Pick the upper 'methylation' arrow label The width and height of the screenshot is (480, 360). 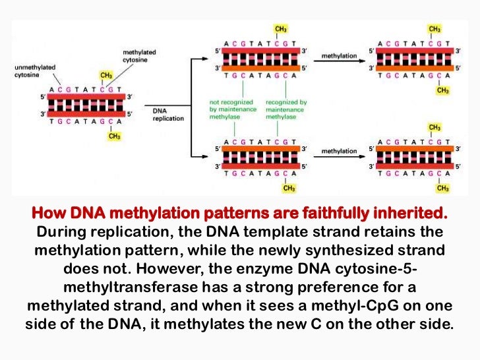[339, 57]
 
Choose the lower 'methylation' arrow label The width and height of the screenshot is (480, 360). [339, 151]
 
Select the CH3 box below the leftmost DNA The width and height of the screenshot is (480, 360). [114, 136]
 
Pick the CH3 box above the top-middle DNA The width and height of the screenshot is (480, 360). [280, 29]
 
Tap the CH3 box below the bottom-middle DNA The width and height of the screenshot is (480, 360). [289, 189]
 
